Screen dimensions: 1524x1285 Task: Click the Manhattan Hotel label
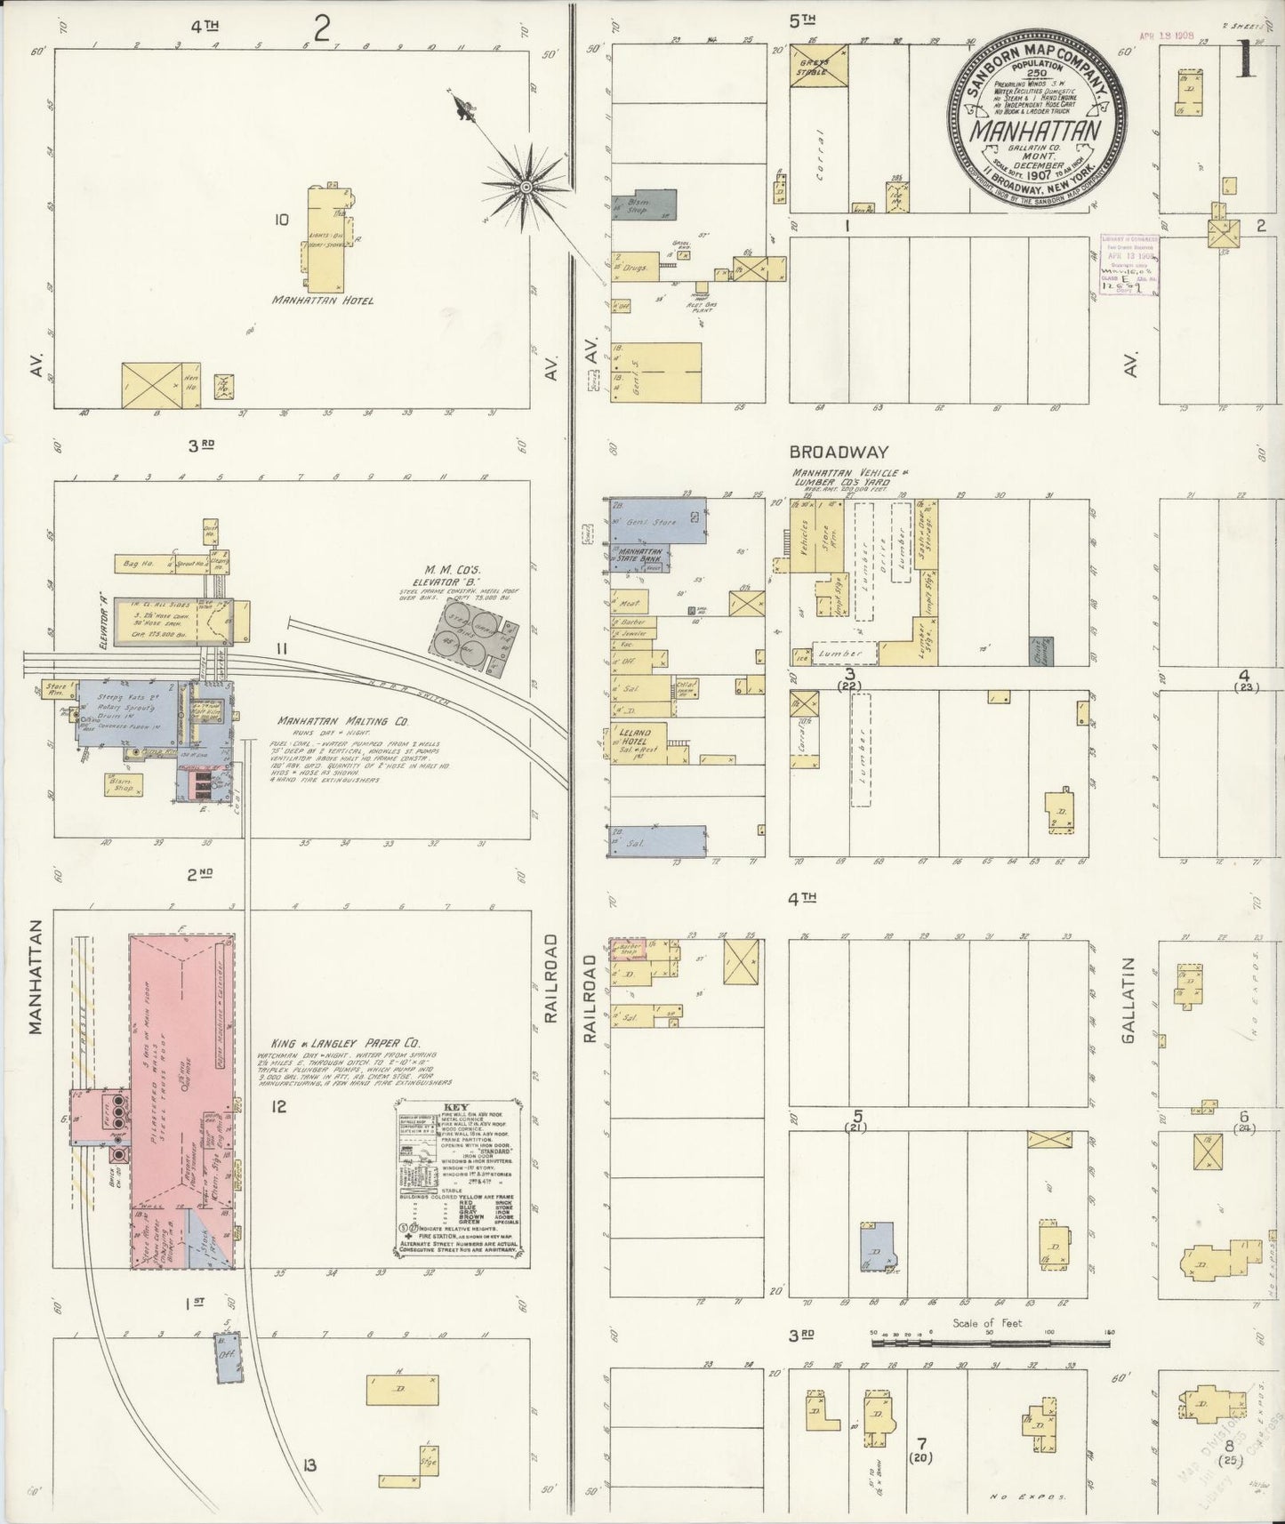(322, 301)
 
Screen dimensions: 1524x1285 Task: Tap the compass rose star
(526, 187)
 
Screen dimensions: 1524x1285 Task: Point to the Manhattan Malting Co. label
(330, 721)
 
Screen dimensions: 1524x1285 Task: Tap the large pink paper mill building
(182, 1067)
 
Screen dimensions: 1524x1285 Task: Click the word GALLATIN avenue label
(1130, 999)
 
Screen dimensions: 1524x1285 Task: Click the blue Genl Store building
(659, 523)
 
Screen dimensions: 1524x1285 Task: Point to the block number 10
(281, 219)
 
